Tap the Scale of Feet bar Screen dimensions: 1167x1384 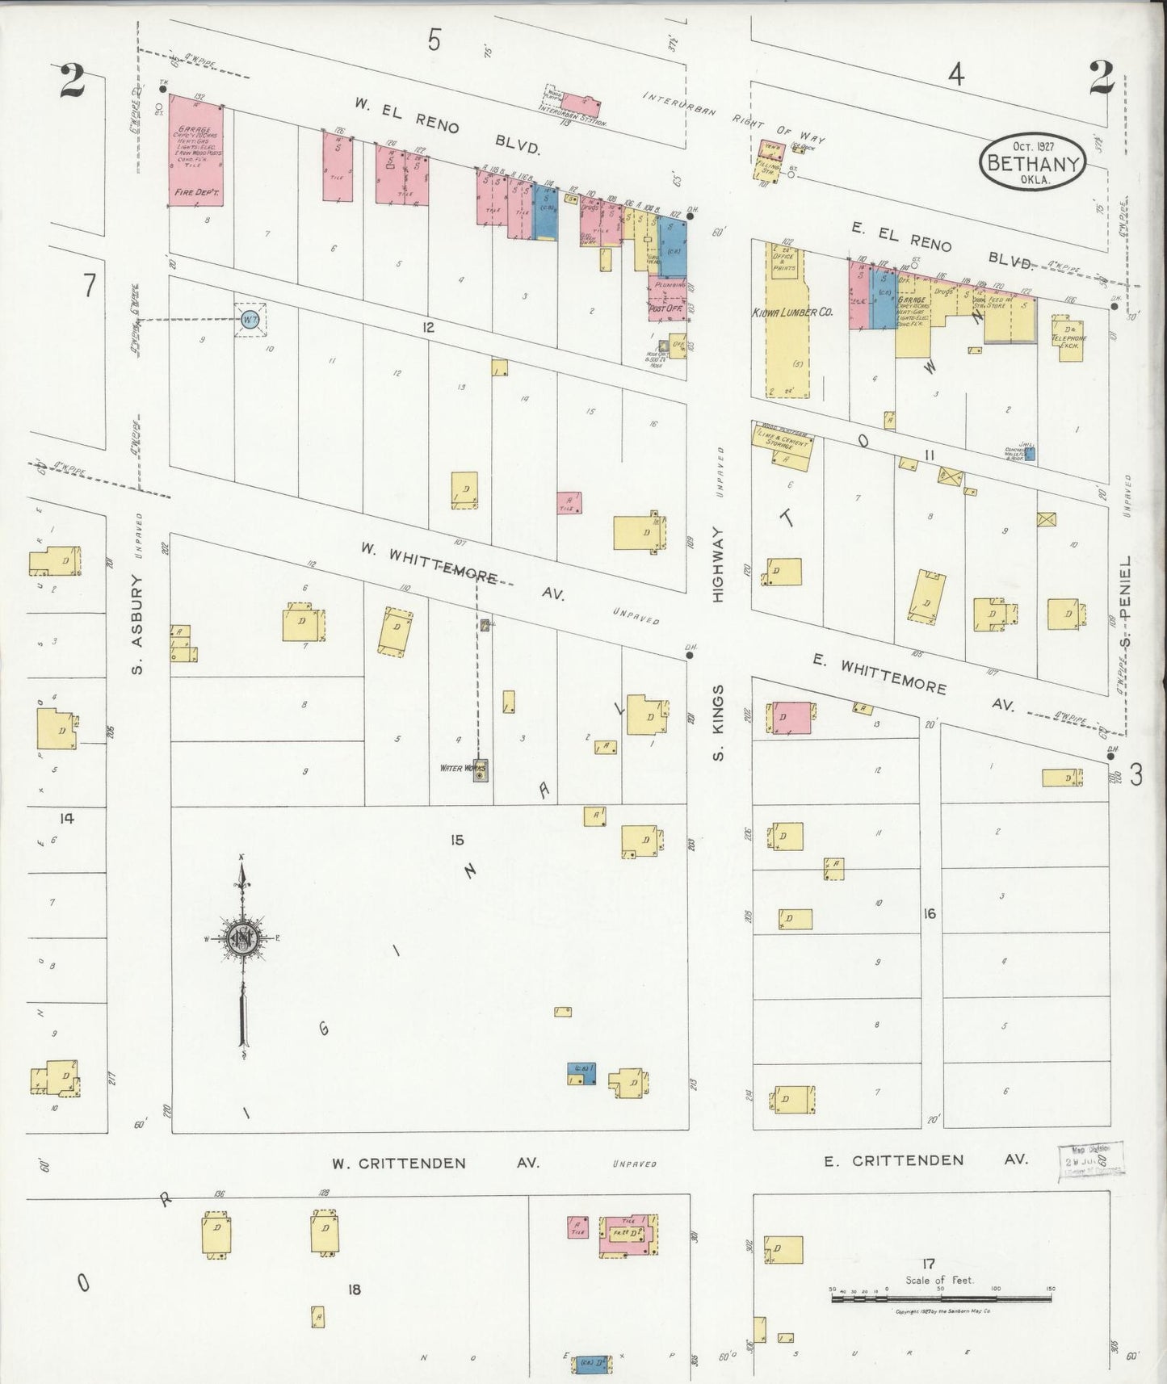coord(942,1298)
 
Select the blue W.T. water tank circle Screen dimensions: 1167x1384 coord(250,320)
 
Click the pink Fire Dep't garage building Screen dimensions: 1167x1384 coord(195,152)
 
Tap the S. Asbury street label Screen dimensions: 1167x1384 coord(136,624)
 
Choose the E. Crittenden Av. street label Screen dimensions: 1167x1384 coord(926,1160)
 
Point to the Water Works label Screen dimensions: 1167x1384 coord(461,768)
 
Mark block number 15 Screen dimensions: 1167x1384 coord(457,840)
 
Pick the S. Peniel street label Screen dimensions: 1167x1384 coord(1127,604)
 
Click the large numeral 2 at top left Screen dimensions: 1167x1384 coord(73,81)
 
